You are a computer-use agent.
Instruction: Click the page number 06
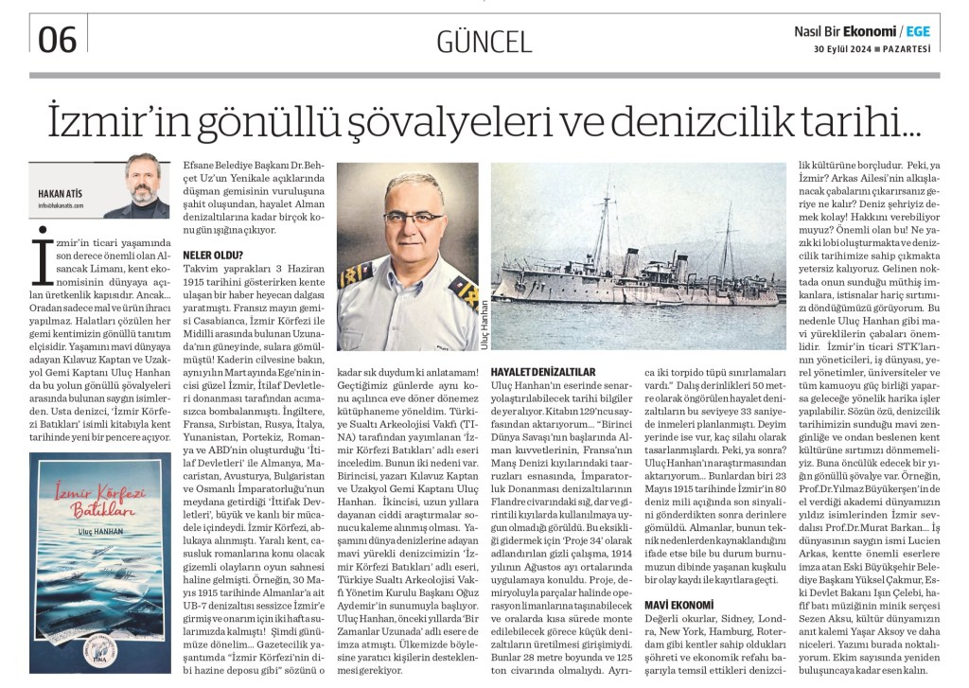(x=58, y=38)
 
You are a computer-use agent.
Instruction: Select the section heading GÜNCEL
(x=484, y=40)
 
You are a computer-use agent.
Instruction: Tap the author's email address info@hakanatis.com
(x=61, y=204)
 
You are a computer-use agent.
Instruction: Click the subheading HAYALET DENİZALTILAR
(x=542, y=372)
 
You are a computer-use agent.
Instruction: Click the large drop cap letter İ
(x=41, y=256)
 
